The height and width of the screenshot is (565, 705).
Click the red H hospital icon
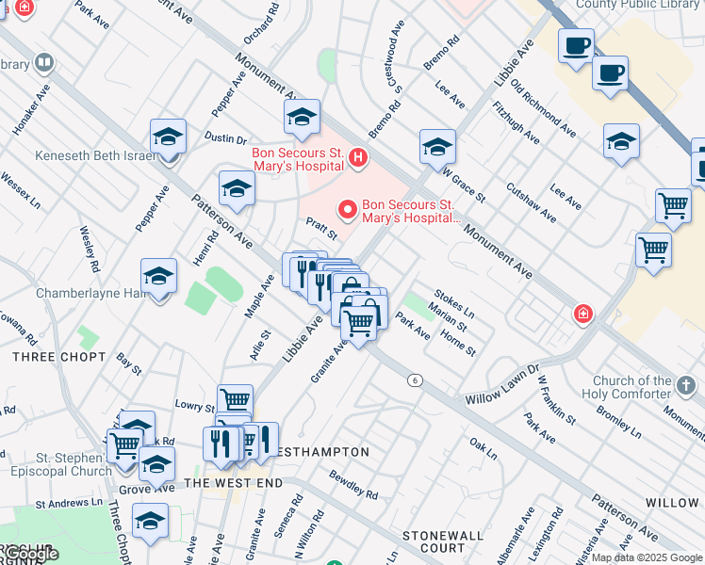tap(357, 158)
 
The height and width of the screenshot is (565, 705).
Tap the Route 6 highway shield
tap(414, 379)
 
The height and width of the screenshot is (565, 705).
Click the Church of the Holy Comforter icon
tap(686, 385)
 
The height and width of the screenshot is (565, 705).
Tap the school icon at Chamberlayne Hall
tap(159, 278)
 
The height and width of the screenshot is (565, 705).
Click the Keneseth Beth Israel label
tap(94, 155)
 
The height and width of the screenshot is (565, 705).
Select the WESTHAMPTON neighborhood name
tap(320, 452)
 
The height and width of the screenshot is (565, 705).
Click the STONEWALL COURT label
tap(442, 541)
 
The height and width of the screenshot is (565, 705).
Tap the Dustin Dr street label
tap(225, 137)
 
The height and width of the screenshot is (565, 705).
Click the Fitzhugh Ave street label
tap(516, 123)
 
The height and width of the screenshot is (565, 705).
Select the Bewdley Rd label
tap(353, 485)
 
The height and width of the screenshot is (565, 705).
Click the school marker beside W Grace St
tap(437, 146)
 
